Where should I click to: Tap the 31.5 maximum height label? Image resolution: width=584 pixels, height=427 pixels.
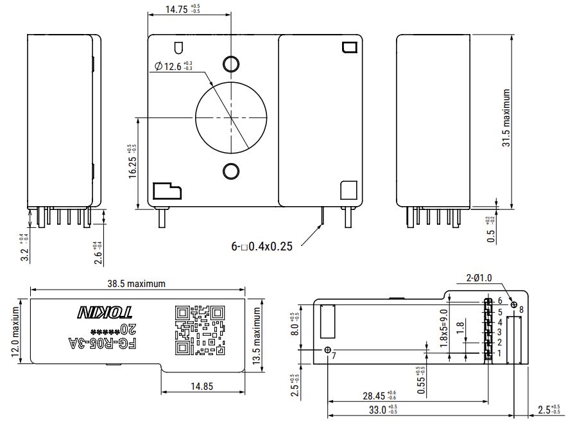(x=506, y=119)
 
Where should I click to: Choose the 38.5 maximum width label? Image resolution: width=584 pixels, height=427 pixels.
(x=136, y=283)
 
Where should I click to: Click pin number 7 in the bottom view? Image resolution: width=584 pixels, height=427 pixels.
(x=334, y=356)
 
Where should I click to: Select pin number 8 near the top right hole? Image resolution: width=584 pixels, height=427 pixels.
(x=520, y=309)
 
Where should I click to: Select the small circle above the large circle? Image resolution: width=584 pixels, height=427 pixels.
(x=230, y=62)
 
